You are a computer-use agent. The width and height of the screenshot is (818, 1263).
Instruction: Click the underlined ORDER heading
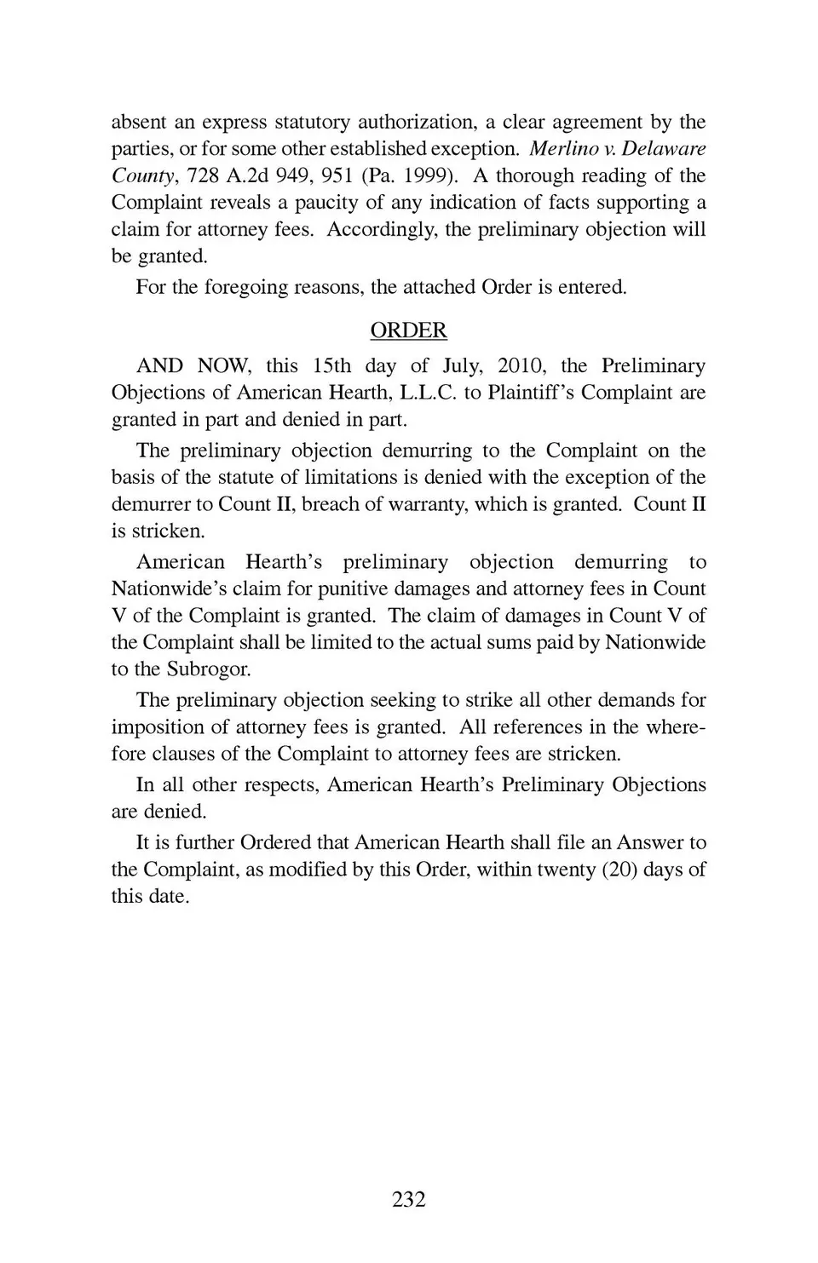408,330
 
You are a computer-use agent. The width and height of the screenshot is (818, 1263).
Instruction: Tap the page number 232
409,1199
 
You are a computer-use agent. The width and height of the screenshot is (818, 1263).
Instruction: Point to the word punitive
331,588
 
